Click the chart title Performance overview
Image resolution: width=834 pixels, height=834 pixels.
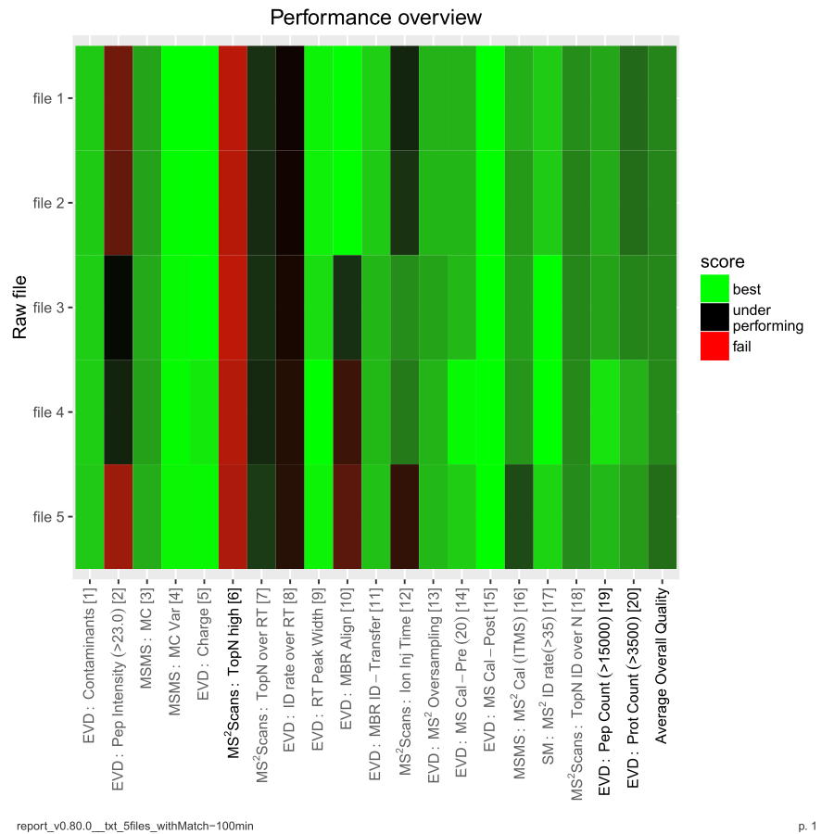tap(375, 18)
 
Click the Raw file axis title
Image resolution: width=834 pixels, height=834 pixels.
tap(19, 307)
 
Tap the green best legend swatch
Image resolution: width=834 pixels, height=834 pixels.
tap(714, 289)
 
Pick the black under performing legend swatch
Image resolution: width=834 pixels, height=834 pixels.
tap(714, 318)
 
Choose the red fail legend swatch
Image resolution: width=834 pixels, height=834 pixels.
tap(714, 347)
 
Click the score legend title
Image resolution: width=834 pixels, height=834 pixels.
tap(723, 263)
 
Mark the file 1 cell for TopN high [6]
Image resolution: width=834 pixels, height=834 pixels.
tap(233, 97)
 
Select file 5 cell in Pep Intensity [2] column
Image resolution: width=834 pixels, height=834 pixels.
tap(119, 516)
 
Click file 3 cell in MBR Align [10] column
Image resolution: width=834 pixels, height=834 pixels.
tap(347, 307)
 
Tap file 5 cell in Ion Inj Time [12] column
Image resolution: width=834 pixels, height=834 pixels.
tap(405, 516)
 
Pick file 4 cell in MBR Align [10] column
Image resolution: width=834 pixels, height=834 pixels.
tap(347, 411)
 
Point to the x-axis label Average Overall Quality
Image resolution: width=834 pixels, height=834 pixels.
tap(663, 662)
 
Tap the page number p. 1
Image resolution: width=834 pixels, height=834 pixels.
tap(807, 825)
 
